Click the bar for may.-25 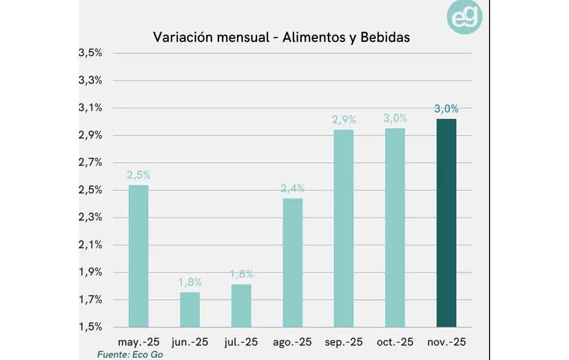coord(139,256)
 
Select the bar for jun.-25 coord(190,309)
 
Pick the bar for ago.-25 coord(292,263)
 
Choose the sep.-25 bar coord(344,228)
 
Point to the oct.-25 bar coord(395,228)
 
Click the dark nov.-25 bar coord(446,223)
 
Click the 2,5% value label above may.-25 coord(139,175)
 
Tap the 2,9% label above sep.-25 coord(344,120)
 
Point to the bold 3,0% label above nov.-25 coord(446,109)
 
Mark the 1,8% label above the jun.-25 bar coord(190,282)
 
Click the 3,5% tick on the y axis coord(90,53)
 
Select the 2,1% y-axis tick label coord(90,245)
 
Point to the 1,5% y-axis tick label coord(90,327)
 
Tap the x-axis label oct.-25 coord(395,342)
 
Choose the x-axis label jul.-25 coord(241,342)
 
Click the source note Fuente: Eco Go coord(130,355)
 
